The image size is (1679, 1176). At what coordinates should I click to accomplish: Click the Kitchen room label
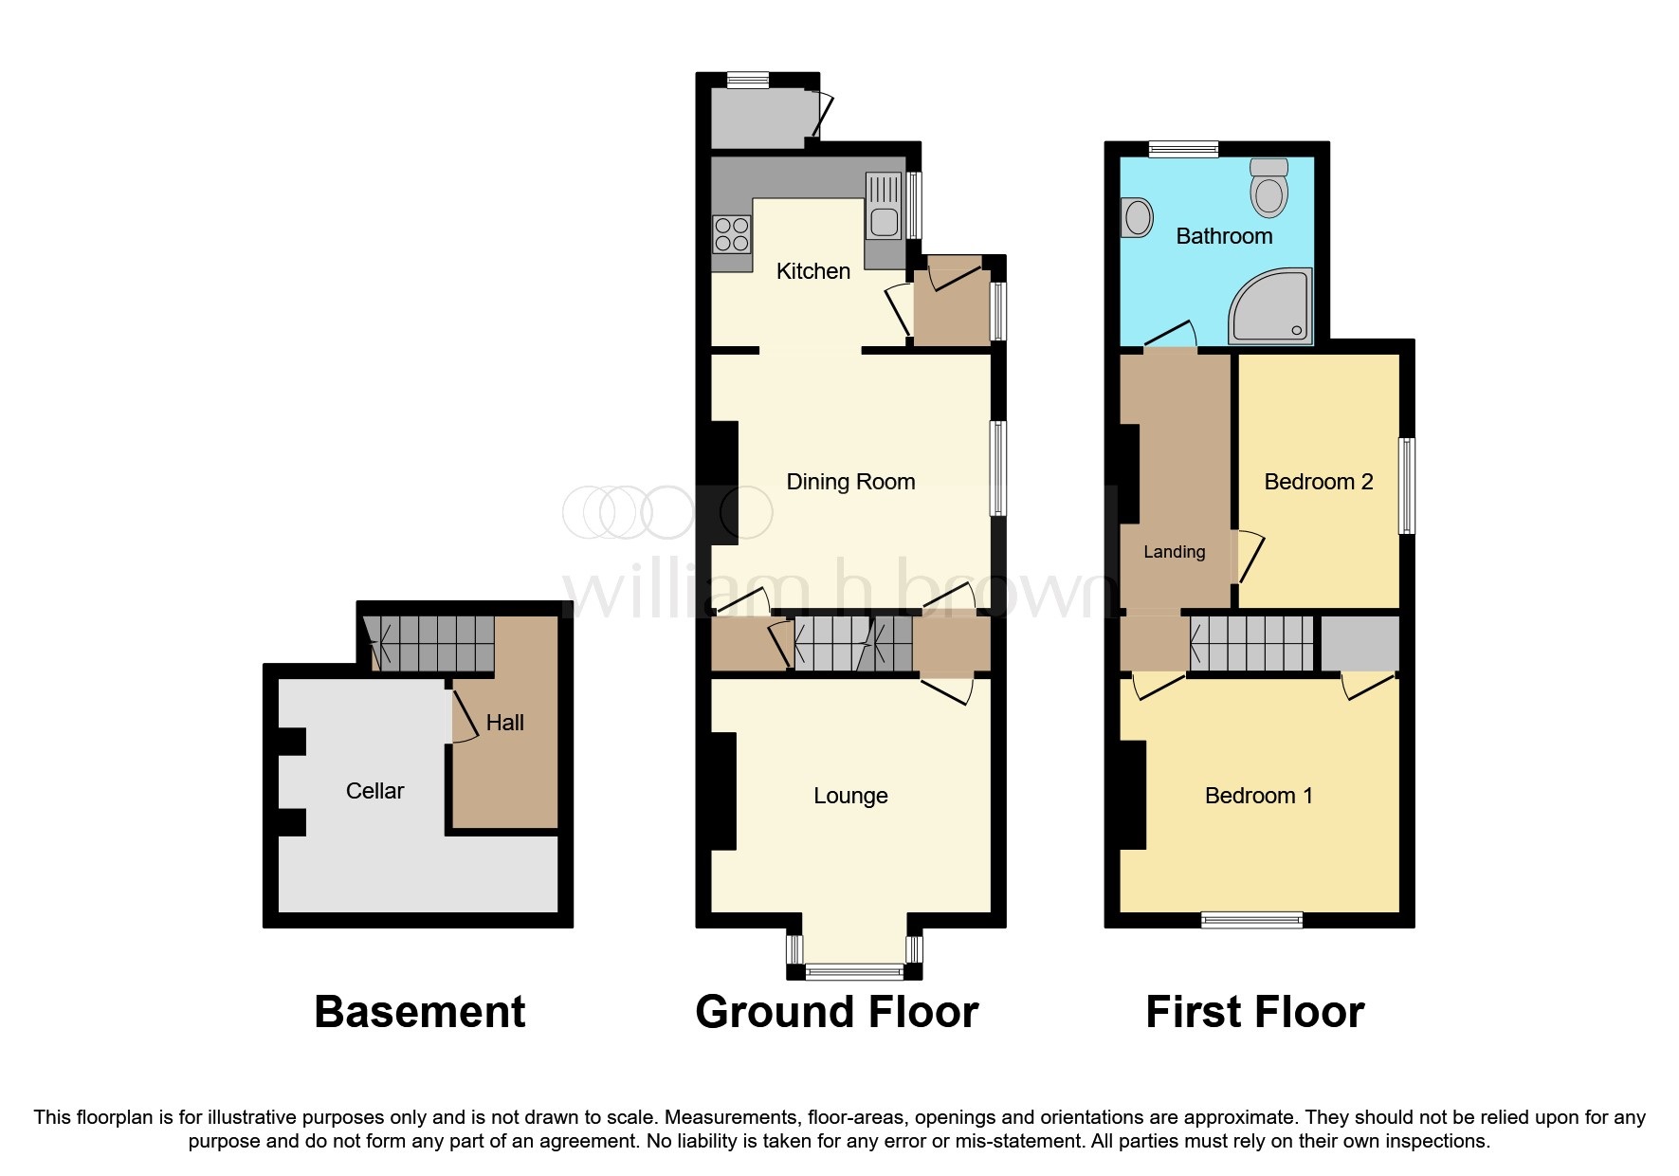pyautogui.click(x=812, y=271)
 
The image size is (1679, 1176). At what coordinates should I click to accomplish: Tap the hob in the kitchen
pyautogui.click(x=731, y=234)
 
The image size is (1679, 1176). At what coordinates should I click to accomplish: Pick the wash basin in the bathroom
pyautogui.click(x=1136, y=218)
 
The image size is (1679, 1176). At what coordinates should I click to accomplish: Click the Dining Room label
pyautogui.click(x=850, y=482)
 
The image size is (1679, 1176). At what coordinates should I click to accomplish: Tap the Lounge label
pyautogui.click(x=850, y=796)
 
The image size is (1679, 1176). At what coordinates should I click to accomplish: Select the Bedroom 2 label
pyautogui.click(x=1318, y=482)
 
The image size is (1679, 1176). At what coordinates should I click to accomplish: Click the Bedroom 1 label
pyautogui.click(x=1258, y=796)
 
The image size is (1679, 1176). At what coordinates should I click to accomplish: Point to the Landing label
pyautogui.click(x=1174, y=552)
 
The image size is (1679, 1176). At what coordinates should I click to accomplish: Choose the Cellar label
pyautogui.click(x=374, y=791)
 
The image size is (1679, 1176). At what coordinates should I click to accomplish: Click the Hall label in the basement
pyautogui.click(x=504, y=723)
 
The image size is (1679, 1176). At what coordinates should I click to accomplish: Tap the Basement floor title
pyautogui.click(x=419, y=1012)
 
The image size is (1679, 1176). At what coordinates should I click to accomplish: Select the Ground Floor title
pyautogui.click(x=836, y=1012)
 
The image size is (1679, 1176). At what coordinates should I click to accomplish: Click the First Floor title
pyautogui.click(x=1254, y=1012)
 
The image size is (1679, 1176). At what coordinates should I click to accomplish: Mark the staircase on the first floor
pyautogui.click(x=1251, y=643)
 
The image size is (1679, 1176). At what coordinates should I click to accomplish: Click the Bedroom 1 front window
pyautogui.click(x=1251, y=918)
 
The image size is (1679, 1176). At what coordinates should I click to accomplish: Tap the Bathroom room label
pyautogui.click(x=1224, y=236)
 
